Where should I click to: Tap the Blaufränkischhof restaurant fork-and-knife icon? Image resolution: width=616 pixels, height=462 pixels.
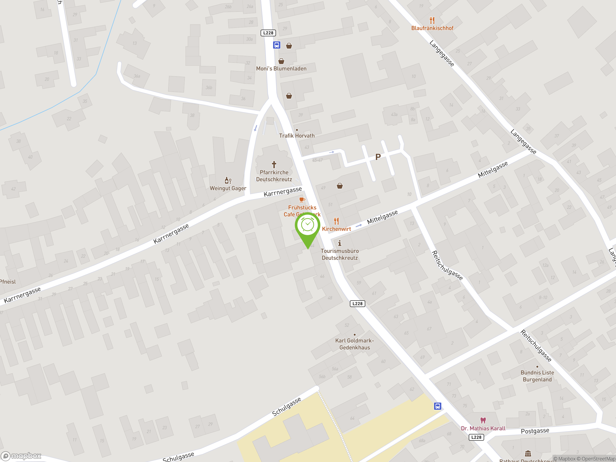pyautogui.click(x=432, y=20)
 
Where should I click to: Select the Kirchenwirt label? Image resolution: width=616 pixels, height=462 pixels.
pyautogui.click(x=336, y=229)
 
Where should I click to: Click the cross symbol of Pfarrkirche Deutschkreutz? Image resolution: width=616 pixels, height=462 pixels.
pyautogui.click(x=274, y=165)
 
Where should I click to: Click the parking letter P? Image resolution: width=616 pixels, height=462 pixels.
pyautogui.click(x=378, y=157)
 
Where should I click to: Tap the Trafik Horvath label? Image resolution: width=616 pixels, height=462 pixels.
pyautogui.click(x=297, y=136)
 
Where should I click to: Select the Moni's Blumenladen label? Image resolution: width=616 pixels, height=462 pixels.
pyautogui.click(x=281, y=69)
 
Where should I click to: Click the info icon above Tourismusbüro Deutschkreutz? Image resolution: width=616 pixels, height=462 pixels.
pyautogui.click(x=340, y=243)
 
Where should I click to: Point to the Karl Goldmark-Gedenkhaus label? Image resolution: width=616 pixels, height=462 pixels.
pyautogui.click(x=354, y=344)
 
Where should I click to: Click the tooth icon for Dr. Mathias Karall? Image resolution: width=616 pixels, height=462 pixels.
pyautogui.click(x=483, y=420)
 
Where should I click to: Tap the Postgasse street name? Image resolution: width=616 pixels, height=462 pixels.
pyautogui.click(x=535, y=431)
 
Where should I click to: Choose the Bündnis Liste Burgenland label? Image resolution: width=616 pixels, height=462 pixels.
pyautogui.click(x=537, y=376)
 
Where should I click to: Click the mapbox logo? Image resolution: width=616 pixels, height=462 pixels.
pyautogui.click(x=21, y=456)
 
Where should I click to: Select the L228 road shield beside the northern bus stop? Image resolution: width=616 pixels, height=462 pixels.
pyautogui.click(x=268, y=33)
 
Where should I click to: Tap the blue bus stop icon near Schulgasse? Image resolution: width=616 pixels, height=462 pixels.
pyautogui.click(x=437, y=406)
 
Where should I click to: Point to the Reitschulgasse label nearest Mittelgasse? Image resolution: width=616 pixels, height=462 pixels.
pyautogui.click(x=447, y=265)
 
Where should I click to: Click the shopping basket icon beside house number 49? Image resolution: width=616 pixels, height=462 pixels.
pyautogui.click(x=340, y=186)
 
